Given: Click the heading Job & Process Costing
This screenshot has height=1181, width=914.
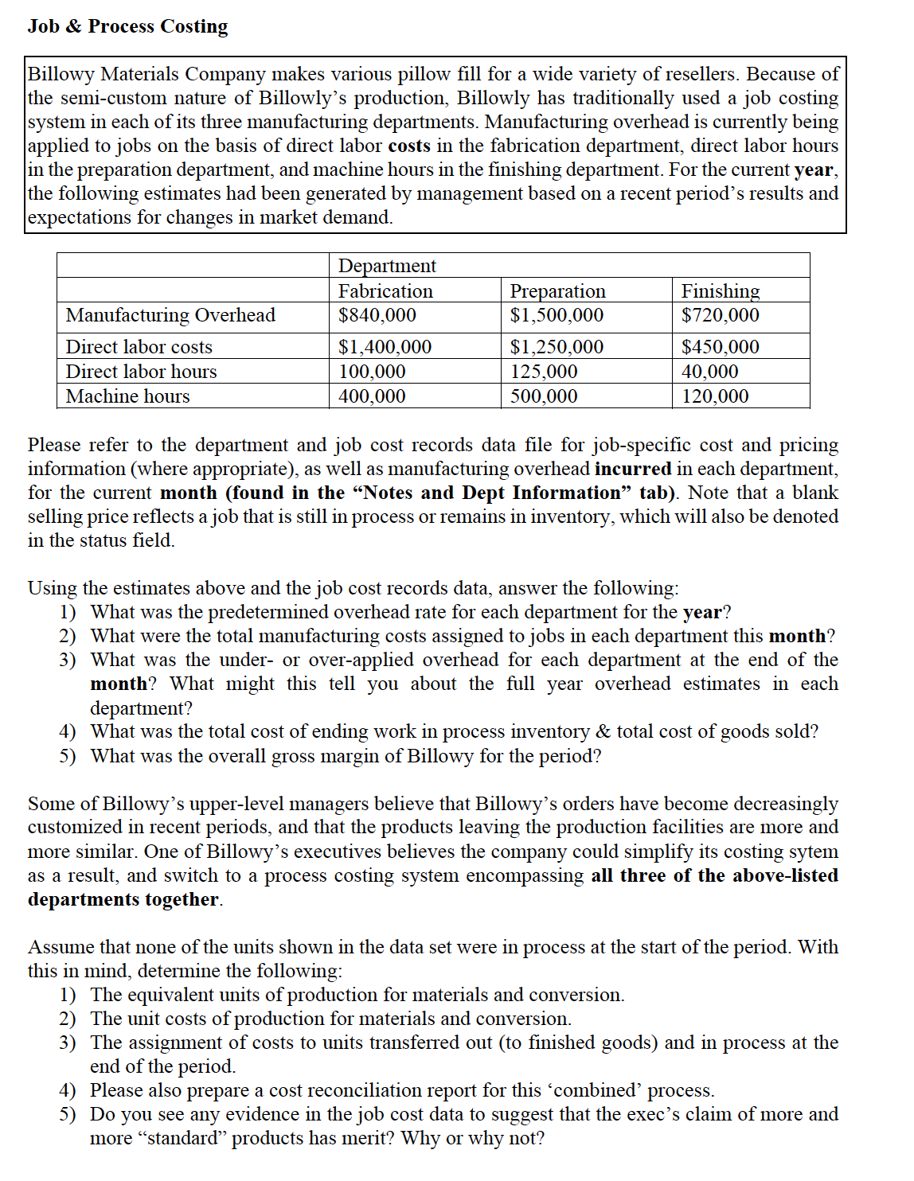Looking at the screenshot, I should point(127,26).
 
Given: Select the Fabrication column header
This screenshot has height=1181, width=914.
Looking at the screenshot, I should point(385,291).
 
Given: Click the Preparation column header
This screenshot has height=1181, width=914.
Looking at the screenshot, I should point(557,291).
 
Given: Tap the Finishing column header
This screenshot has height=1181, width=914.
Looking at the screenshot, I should point(721,291).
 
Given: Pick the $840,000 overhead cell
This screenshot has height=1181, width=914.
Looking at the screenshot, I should point(377,315).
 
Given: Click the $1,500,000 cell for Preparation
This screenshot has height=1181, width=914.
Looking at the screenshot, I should point(557,315).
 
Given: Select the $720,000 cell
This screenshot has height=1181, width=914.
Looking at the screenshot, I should point(721,315).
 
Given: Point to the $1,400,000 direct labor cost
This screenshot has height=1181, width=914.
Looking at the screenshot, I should point(385,347).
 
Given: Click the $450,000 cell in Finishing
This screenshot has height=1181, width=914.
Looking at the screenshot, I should point(721,347).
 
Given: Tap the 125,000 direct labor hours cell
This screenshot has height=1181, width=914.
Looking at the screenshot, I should point(544,372).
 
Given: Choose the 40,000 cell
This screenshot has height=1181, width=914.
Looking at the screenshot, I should point(710,372).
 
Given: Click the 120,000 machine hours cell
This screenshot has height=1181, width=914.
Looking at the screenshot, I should point(715,396).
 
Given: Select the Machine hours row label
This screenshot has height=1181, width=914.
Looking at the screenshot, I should point(128,396).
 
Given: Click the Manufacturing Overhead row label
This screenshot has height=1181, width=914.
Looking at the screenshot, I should point(170,315).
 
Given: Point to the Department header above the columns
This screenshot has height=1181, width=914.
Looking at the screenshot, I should point(387,266).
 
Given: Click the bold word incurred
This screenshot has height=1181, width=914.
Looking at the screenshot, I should point(632,469).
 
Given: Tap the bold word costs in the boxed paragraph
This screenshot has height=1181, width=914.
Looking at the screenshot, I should point(409,146).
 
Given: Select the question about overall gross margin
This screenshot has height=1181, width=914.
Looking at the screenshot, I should point(346,755).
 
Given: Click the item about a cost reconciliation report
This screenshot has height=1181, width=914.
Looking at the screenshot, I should point(402,1090).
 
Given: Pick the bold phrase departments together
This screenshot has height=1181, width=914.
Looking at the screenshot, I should point(123,899).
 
